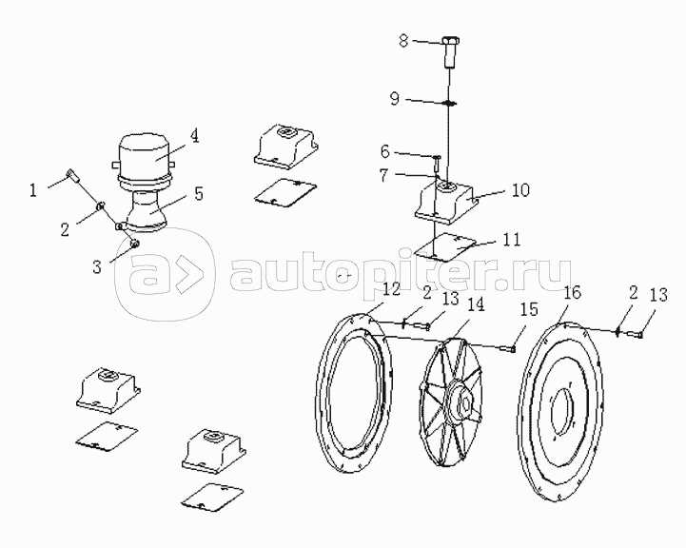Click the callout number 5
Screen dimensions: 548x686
(x=198, y=193)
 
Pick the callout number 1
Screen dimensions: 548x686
(x=32, y=189)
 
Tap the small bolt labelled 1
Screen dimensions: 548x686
(x=72, y=176)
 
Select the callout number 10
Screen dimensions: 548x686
(x=519, y=190)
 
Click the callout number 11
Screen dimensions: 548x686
(x=511, y=239)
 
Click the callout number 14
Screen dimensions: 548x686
(x=474, y=304)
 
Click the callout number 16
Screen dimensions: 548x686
(x=572, y=291)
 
